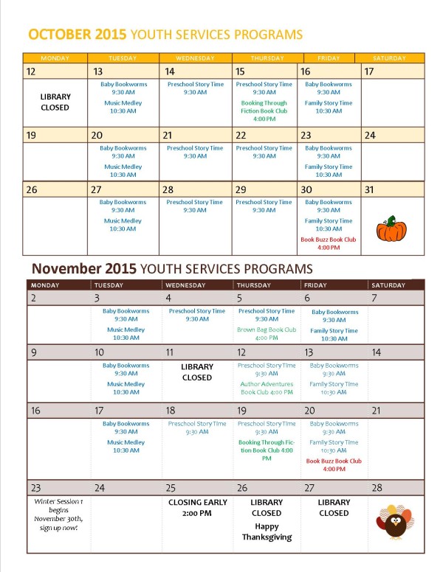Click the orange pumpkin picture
391,229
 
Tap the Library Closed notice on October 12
54,102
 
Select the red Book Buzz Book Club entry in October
329,243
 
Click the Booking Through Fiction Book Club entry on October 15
264,111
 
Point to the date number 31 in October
371,189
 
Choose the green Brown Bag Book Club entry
267,334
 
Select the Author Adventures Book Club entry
267,388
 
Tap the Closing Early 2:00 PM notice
196,508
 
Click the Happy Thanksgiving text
267,532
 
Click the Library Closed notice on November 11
196,372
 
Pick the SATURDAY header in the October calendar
388,58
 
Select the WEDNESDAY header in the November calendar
196,285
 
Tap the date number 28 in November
377,488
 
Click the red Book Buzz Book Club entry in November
334,465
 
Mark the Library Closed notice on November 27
334,508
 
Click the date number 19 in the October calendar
31,136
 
